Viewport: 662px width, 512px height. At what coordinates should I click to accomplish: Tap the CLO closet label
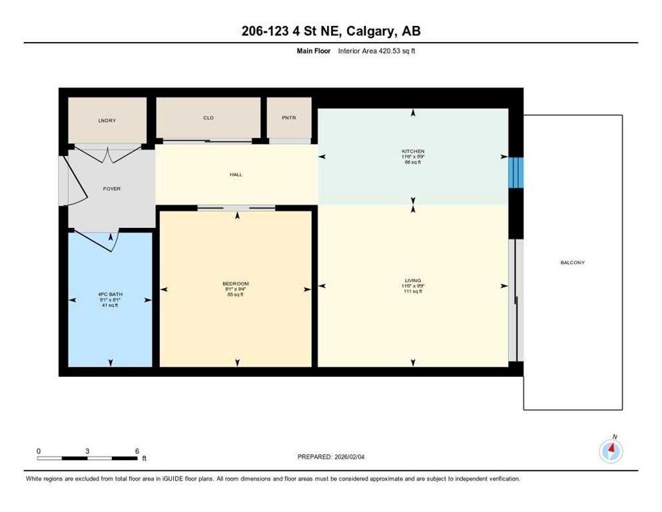[x=208, y=118]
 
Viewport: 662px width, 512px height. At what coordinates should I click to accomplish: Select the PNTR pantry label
[x=289, y=118]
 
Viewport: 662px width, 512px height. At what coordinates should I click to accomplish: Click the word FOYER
[x=112, y=189]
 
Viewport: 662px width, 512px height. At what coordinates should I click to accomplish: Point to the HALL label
[x=236, y=175]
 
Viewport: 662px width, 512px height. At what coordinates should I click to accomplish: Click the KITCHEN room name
[x=413, y=151]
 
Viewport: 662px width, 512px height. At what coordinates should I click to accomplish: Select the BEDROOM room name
[x=236, y=283]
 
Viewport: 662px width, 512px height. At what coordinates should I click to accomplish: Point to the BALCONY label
[x=572, y=263]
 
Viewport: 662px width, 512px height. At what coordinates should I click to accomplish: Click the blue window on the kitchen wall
[x=516, y=173]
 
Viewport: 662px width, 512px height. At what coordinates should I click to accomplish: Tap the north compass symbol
[x=611, y=451]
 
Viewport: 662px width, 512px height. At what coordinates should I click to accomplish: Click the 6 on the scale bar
[x=137, y=451]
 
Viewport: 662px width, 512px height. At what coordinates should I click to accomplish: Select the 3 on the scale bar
[x=87, y=451]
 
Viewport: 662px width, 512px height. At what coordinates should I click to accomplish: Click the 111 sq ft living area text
[x=413, y=291]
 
